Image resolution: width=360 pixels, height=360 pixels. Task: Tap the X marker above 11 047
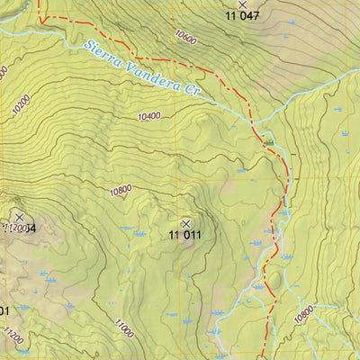(x=241, y=4)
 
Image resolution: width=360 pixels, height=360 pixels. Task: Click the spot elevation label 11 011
(x=185, y=236)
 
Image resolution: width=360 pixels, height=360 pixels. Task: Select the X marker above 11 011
(x=186, y=223)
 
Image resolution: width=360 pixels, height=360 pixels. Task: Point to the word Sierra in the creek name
(x=102, y=53)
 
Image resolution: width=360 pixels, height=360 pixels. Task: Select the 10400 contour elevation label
(x=149, y=115)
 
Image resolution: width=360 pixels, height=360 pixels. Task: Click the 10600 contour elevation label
(x=186, y=39)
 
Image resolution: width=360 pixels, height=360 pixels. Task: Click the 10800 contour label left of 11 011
(x=120, y=190)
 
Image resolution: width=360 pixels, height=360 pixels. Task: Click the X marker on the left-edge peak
(x=20, y=217)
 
